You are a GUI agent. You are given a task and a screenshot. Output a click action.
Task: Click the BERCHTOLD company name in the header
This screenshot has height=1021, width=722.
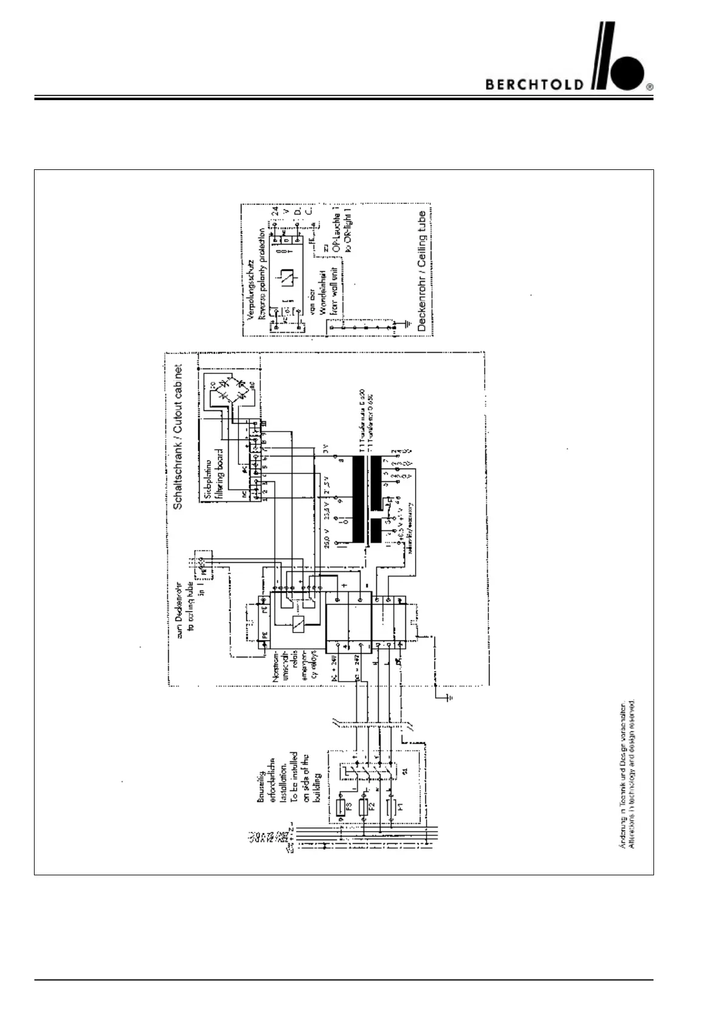(x=535, y=84)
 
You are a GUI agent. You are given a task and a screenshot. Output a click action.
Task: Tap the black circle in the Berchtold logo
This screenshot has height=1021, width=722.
(x=626, y=73)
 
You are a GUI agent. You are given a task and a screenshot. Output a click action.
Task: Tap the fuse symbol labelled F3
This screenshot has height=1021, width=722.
(x=340, y=808)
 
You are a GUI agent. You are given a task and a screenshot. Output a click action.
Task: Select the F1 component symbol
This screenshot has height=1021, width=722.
(x=391, y=808)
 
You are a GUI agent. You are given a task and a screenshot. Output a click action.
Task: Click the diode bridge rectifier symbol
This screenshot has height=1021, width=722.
(x=228, y=389)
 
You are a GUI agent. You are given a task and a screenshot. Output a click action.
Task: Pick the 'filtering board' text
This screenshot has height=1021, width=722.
(x=220, y=474)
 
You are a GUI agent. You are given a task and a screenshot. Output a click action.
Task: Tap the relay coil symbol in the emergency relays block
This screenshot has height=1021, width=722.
(x=298, y=623)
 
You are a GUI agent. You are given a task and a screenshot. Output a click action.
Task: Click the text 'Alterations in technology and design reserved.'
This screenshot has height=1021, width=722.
(x=632, y=775)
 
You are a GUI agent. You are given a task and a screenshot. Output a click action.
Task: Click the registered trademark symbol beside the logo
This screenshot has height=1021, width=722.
(x=649, y=87)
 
